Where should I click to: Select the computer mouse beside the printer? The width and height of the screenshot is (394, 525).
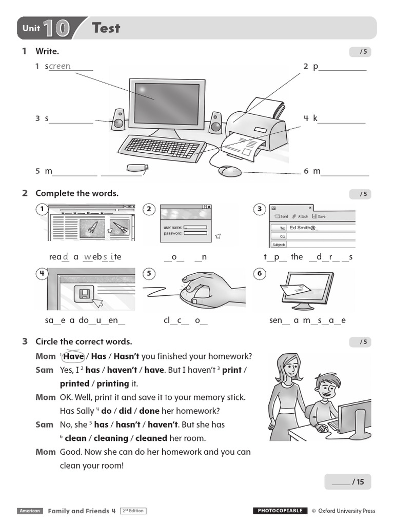(229, 171)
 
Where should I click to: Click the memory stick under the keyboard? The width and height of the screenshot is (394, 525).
(137, 168)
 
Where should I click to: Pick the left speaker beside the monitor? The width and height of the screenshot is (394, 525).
(119, 120)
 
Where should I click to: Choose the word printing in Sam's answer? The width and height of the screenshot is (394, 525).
(112, 383)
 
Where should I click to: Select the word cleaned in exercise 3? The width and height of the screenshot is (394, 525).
(151, 438)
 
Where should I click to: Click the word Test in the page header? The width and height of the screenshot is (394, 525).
(106, 28)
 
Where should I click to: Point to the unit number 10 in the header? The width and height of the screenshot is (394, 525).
(56, 28)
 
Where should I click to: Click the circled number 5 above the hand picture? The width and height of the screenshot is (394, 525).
(149, 273)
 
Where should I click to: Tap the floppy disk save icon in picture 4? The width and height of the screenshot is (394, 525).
(84, 294)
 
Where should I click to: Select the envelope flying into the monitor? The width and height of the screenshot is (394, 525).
(295, 290)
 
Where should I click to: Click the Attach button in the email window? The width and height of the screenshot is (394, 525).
(301, 217)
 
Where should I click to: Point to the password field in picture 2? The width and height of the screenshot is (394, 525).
(195, 233)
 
